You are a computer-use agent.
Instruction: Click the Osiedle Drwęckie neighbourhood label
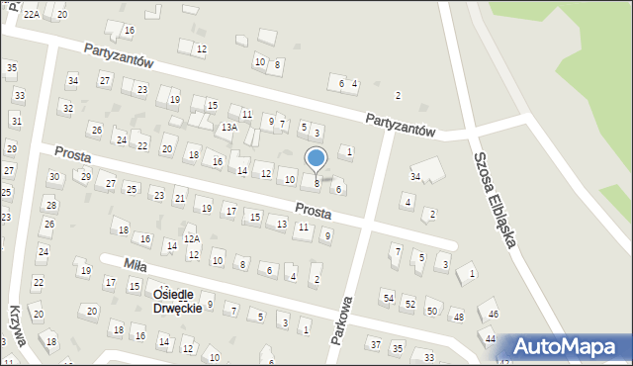[178, 301]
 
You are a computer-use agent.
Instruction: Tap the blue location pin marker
[316, 159]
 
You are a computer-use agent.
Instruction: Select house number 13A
[229, 128]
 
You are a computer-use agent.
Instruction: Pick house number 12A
[191, 238]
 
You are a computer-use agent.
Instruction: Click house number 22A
[32, 13]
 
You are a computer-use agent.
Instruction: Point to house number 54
[388, 298]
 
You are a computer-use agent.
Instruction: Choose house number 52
[409, 304]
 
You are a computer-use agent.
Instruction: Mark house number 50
[431, 311]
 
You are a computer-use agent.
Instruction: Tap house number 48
[456, 317]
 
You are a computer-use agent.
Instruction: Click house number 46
[494, 314]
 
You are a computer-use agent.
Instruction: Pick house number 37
[375, 344]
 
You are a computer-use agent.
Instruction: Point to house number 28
[49, 205]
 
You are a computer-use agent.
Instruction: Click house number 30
[53, 177]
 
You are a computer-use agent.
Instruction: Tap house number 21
[179, 199]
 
